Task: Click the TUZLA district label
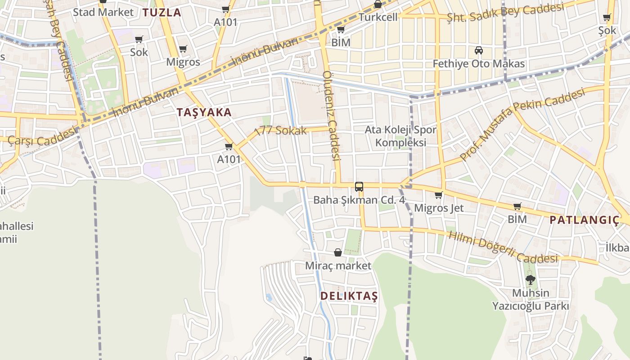coord(162,13)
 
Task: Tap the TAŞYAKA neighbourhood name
coord(204,112)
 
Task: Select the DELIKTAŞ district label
coord(349,296)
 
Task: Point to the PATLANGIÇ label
coord(584,220)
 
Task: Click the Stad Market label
coord(103,12)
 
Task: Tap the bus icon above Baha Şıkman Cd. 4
coord(359,186)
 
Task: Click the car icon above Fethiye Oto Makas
coord(479,50)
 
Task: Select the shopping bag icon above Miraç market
coord(338,253)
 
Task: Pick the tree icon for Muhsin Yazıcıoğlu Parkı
coord(531,280)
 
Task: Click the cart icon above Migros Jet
coord(438,195)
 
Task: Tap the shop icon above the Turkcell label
coord(378,4)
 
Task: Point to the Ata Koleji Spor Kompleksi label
coord(400,136)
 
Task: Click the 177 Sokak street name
coord(281,131)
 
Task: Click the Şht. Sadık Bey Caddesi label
coord(505,12)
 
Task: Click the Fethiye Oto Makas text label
coord(479,64)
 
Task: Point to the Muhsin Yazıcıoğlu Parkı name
coord(531,300)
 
